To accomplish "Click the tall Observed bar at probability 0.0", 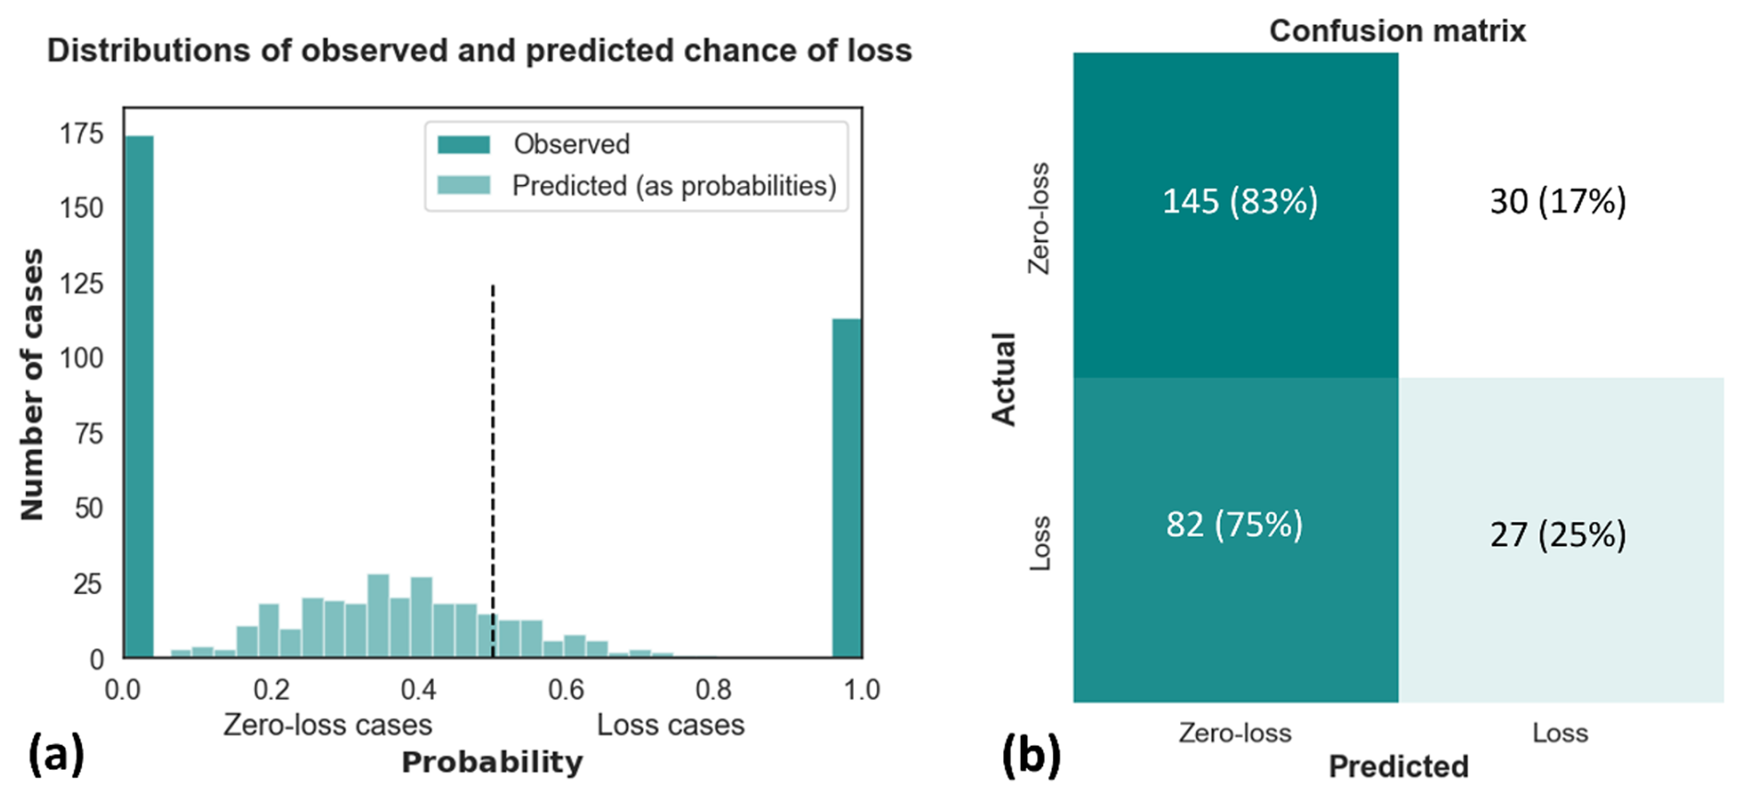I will point(139,396).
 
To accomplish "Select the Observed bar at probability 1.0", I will point(847,488).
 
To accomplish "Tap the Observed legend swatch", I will point(463,145).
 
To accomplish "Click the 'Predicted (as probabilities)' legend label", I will point(673,186).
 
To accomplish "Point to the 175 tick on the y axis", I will point(82,134).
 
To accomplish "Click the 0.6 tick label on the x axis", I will point(566,690).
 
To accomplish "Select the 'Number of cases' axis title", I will point(32,384).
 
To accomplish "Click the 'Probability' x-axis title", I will point(492,762).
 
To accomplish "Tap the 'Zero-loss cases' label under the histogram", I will point(327,726).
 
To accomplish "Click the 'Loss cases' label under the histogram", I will point(670,726).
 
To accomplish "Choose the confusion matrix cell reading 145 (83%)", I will point(1235,215).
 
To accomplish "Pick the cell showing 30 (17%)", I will point(1560,215).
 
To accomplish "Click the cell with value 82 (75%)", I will point(1235,540).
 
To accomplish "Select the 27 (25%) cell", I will point(1560,540).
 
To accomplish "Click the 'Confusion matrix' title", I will point(1397,31).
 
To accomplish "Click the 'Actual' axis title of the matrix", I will point(1003,378).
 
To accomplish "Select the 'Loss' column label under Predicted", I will point(1560,733).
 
